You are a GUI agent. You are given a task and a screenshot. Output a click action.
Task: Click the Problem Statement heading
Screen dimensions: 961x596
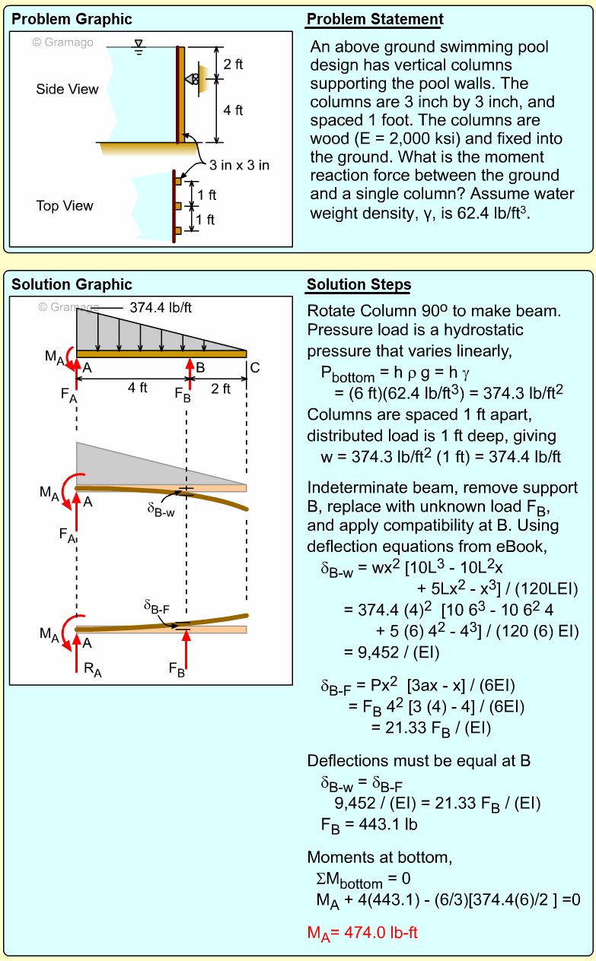375,20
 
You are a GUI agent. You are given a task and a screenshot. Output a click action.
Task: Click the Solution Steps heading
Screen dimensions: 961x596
359,285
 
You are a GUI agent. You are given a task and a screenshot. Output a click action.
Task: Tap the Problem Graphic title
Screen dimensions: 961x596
72,20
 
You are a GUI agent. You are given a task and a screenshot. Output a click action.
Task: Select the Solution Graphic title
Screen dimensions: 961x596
72,285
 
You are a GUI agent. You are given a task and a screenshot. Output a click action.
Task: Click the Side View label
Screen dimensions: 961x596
67,90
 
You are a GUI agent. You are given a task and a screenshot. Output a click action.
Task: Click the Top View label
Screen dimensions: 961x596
65,206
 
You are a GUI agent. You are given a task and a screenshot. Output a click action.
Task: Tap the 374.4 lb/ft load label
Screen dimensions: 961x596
161,309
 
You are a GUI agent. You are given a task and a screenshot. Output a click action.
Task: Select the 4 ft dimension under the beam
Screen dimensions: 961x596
137,388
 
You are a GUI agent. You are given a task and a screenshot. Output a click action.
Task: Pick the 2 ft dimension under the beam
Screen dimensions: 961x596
221,389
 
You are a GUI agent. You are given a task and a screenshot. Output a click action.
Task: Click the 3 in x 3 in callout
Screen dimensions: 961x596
239,165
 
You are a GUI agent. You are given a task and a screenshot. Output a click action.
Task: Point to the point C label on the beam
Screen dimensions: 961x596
254,368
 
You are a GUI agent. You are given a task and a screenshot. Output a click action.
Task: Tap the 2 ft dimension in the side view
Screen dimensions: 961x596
233,65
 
